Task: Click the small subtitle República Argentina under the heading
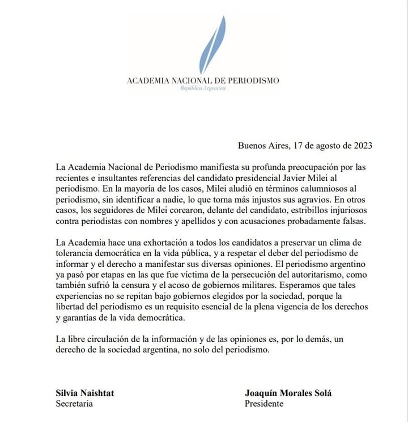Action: [x=203, y=89]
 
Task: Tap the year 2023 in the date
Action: [x=361, y=145]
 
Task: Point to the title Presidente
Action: [x=264, y=404]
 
